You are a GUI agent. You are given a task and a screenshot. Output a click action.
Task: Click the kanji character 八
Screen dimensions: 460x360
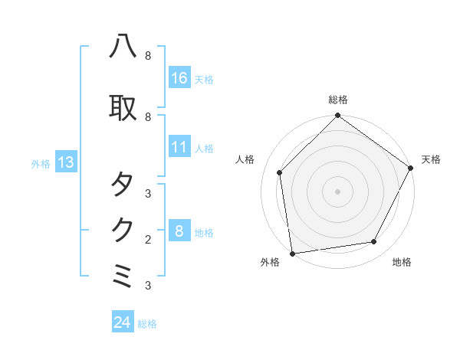click(x=123, y=47)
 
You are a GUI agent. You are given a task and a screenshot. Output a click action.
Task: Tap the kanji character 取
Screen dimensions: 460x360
click(x=123, y=108)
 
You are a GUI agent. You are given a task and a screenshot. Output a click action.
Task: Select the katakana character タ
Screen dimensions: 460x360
click(x=123, y=184)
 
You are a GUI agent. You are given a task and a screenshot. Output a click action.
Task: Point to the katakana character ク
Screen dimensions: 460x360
click(x=123, y=229)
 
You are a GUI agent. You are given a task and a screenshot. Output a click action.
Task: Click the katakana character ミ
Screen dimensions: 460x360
click(x=123, y=275)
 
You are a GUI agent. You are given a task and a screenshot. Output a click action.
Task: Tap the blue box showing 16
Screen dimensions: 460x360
click(x=179, y=78)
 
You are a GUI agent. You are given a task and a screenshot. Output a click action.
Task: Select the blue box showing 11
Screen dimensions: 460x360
click(x=179, y=147)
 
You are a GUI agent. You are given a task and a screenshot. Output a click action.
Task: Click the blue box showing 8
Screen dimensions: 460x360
click(x=179, y=231)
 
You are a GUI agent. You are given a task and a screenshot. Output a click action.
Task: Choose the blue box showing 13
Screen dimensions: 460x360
click(x=65, y=162)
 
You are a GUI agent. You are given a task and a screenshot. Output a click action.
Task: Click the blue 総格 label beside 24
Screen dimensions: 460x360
click(x=147, y=324)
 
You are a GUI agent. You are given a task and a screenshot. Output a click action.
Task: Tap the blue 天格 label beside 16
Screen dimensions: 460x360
click(x=204, y=80)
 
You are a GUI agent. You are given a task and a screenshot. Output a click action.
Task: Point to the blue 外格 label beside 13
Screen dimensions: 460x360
click(x=41, y=164)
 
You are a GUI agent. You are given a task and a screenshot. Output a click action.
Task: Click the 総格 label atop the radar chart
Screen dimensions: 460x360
click(x=338, y=100)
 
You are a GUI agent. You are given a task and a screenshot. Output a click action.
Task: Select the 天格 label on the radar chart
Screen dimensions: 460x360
click(x=431, y=159)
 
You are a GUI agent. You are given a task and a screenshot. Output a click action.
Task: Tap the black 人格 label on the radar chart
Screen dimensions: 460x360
click(x=245, y=159)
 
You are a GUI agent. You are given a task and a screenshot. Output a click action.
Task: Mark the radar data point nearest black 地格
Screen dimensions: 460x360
click(x=374, y=242)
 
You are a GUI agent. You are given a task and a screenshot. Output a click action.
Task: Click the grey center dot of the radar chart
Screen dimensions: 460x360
click(x=337, y=191)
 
